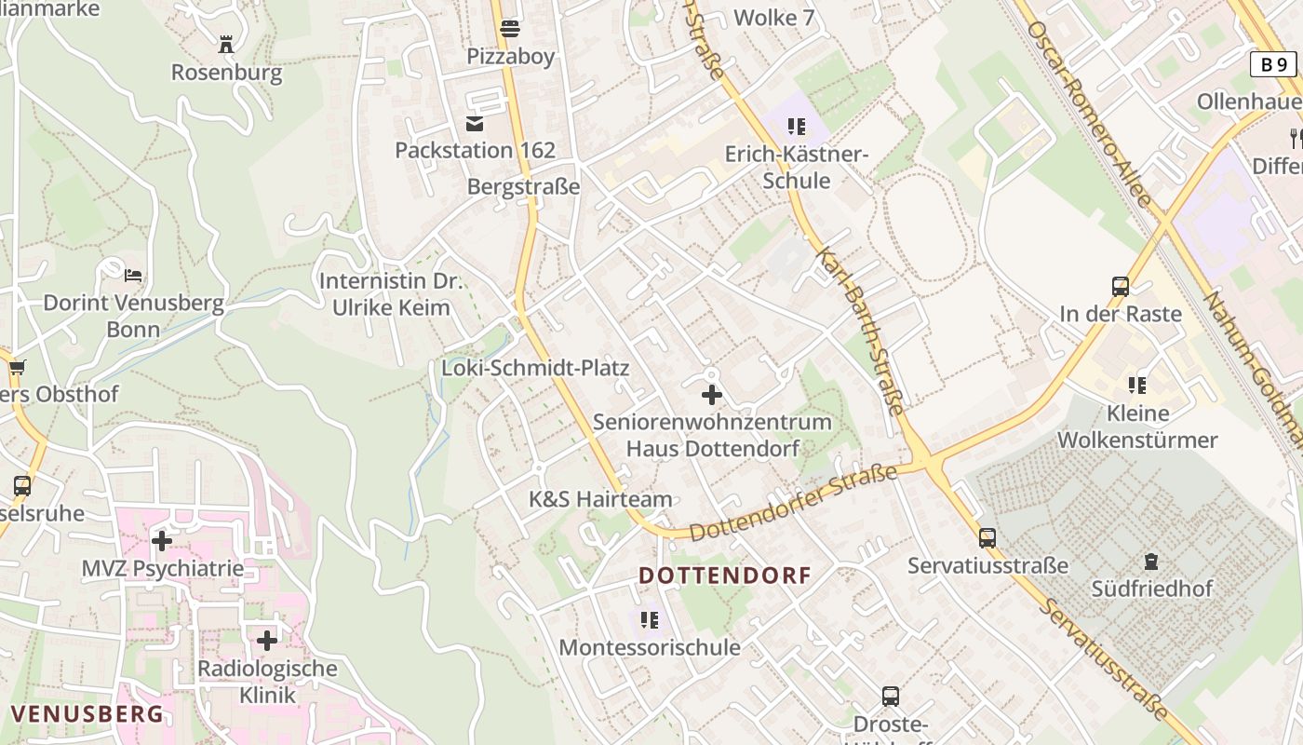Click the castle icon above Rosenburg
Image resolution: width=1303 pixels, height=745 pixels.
225,44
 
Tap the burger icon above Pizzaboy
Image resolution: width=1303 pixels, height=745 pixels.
509,29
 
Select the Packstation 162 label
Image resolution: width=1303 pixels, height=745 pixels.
475,150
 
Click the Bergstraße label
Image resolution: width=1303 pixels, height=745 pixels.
523,186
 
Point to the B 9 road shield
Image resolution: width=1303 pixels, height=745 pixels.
1272,64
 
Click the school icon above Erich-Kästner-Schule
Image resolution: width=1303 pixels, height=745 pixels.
796,126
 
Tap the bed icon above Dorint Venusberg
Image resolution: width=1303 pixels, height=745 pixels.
134,275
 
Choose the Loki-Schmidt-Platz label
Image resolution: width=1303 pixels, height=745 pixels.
535,368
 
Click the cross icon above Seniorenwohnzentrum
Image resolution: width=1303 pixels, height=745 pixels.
712,395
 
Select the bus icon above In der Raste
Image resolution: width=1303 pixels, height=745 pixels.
1121,287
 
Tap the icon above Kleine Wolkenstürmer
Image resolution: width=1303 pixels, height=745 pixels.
1136,385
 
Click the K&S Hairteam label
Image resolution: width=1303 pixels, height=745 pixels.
600,499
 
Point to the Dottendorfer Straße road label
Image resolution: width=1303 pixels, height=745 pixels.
793,504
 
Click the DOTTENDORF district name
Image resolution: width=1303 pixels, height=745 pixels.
725,576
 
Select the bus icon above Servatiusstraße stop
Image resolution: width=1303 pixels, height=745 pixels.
987,537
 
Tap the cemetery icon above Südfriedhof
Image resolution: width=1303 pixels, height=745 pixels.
1151,562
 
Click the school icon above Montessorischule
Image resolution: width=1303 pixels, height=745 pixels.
650,619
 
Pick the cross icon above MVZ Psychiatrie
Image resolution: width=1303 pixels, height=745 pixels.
162,540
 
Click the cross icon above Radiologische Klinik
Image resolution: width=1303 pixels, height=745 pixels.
267,641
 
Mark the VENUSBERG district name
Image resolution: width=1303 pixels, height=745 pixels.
87,714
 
